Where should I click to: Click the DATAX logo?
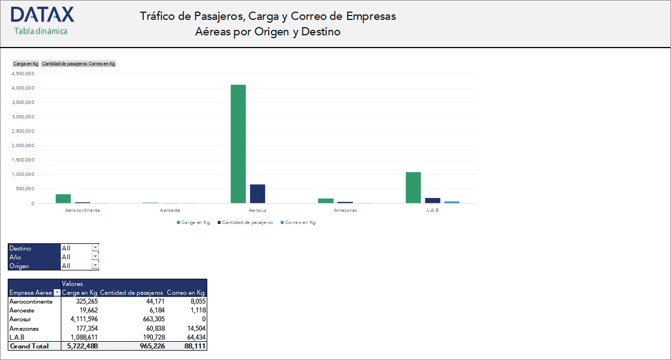click(42, 15)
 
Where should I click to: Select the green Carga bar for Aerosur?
click(238, 144)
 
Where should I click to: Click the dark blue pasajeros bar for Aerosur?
click(258, 194)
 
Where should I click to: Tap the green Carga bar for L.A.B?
click(413, 187)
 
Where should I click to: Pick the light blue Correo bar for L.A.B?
click(452, 202)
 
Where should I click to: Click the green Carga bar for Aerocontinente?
click(63, 199)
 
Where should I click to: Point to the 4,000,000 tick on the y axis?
click(23, 88)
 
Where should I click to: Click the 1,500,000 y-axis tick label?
click(23, 160)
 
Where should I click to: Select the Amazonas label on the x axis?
click(345, 211)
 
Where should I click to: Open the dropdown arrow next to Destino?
click(95, 248)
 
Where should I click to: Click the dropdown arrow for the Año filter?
click(95, 257)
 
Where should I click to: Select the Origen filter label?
click(19, 266)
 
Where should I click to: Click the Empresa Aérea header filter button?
click(56, 293)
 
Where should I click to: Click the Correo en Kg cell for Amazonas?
click(196, 328)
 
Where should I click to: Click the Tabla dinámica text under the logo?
click(41, 31)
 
